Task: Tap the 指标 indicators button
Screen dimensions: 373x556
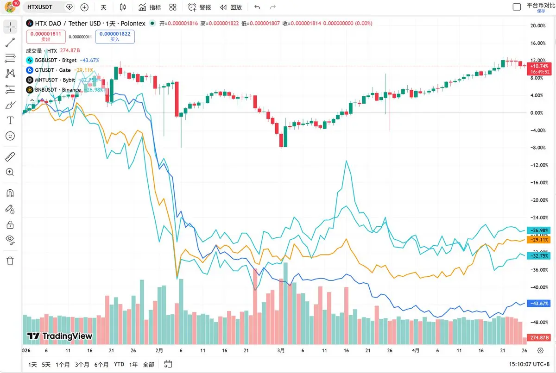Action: coord(150,7)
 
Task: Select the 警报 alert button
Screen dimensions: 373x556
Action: coord(200,7)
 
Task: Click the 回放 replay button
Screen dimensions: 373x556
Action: coord(231,7)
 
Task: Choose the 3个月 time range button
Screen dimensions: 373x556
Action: coord(82,365)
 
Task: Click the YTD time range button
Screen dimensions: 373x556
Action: coord(119,365)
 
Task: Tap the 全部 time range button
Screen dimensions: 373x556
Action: coord(148,365)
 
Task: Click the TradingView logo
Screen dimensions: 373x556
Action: coord(60,336)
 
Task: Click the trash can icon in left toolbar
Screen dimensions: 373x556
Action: coord(10,261)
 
